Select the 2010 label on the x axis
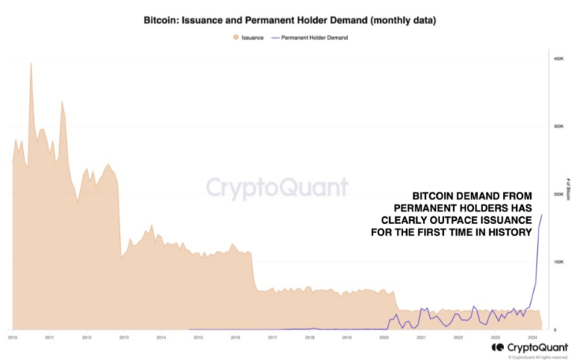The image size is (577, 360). click(x=12, y=337)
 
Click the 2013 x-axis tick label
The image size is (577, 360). click(x=124, y=337)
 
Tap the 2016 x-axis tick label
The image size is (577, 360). click(x=235, y=337)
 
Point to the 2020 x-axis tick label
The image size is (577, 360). click(x=384, y=337)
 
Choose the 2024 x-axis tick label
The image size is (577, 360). click(x=532, y=337)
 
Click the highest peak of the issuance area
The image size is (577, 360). click(x=31, y=63)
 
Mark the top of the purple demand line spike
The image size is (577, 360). click(x=542, y=214)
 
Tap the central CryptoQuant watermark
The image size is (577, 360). click(x=276, y=187)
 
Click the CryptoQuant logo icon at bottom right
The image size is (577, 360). click(x=498, y=348)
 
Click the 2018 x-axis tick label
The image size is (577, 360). click(x=309, y=337)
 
